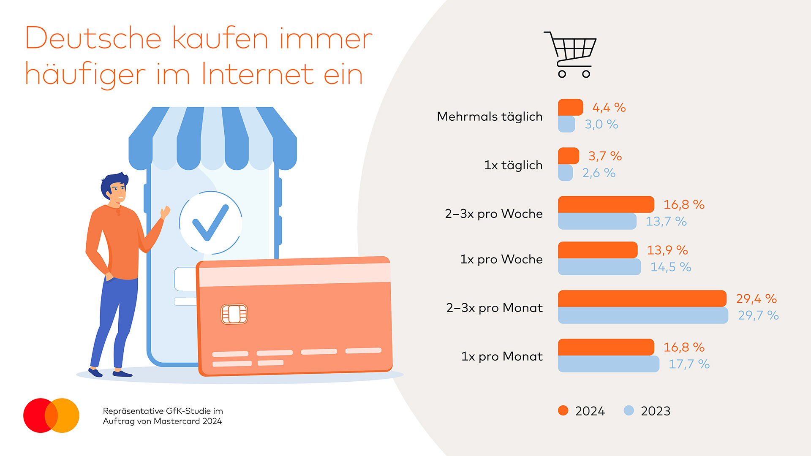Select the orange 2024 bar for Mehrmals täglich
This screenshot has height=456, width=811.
570,107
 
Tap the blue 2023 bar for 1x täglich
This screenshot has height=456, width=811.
565,173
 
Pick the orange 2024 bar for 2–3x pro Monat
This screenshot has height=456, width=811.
642,299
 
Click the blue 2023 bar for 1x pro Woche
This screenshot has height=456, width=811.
599,267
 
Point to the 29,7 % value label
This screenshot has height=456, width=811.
758,315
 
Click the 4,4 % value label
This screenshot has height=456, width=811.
609,108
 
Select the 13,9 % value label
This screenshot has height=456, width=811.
667,250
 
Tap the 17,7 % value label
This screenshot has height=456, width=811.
689,364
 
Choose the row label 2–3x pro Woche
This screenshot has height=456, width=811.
493,214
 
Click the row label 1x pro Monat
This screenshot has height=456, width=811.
502,356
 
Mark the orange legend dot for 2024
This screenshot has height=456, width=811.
563,410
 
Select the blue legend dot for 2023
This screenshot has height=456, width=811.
629,410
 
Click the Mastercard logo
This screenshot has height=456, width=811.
51,415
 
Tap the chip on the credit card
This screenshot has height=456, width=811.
234,314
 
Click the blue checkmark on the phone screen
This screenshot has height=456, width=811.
210,222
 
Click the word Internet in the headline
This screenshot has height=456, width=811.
257,74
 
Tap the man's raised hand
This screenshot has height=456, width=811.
165,212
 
